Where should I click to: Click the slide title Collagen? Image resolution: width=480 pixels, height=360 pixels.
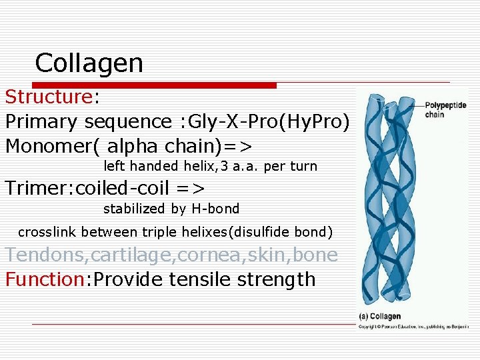[89, 63]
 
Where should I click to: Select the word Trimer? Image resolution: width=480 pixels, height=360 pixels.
[37, 188]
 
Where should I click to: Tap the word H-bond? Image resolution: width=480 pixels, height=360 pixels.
[215, 209]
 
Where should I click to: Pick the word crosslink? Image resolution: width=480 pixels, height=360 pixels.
[45, 232]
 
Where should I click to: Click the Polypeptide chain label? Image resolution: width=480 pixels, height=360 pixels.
[445, 110]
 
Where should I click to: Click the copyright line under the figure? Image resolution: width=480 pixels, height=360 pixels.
[414, 327]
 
